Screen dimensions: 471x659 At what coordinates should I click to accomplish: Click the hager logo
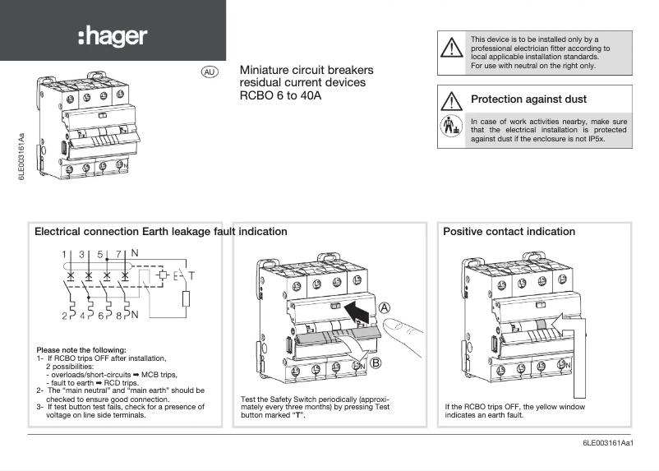pos(113,35)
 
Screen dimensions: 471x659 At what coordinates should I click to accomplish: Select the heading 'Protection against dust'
pos(528,99)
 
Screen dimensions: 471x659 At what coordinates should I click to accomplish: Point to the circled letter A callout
pos(385,307)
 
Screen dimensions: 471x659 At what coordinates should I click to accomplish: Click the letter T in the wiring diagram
pos(191,274)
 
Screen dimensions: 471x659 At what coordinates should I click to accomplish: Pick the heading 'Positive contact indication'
pos(509,232)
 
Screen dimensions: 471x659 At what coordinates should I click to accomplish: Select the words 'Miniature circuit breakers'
pos(306,71)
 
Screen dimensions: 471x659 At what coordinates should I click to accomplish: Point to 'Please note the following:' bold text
pos(81,350)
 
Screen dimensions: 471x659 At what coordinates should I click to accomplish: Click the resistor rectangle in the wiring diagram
pos(186,300)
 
